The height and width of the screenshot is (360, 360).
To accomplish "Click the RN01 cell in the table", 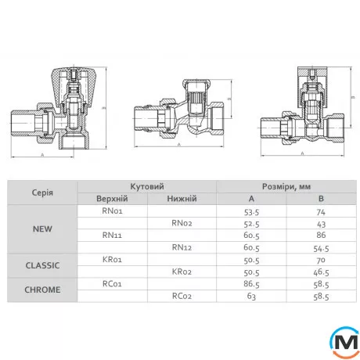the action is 112,211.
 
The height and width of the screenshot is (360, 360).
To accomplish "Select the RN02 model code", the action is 182,223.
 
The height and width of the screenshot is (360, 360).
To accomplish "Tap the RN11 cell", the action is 112,235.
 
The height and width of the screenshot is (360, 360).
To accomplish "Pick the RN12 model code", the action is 182,247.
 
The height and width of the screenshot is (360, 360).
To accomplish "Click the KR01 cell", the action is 112,259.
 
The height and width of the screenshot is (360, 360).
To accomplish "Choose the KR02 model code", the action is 182,272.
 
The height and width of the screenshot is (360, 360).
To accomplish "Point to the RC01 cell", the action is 112,283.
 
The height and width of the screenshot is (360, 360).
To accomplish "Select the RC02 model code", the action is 182,296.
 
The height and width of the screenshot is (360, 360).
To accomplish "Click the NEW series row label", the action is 42,229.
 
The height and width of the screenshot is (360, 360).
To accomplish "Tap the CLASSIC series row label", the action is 42,265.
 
